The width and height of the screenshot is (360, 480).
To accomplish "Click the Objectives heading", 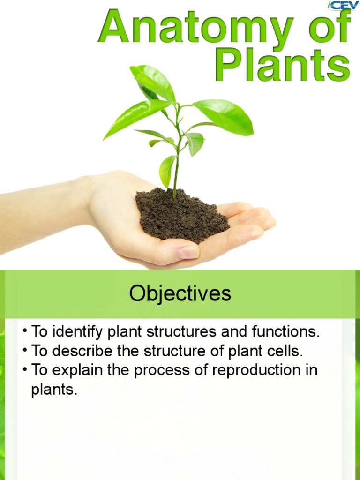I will click(180, 294).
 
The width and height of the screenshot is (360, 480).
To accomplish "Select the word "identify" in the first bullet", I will click(78, 332).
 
